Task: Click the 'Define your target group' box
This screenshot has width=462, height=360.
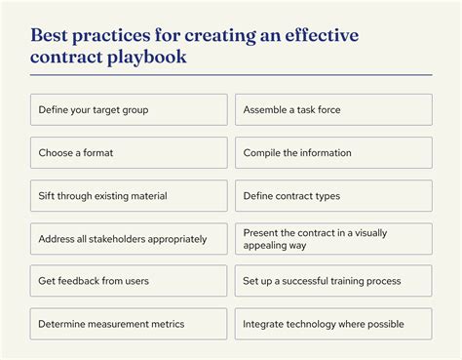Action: [x=129, y=109]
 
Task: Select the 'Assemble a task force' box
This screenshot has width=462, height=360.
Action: [x=333, y=109]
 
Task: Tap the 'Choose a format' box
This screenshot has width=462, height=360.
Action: [x=129, y=152]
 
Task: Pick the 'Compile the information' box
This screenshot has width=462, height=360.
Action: [x=333, y=152]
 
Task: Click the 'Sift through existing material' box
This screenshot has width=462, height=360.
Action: [x=129, y=195]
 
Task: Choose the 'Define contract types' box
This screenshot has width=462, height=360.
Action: [x=333, y=195]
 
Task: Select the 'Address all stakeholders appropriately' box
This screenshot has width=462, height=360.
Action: [x=129, y=238]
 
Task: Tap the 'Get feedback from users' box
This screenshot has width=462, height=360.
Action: [x=129, y=281]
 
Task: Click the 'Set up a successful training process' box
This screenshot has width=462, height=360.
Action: [x=333, y=281]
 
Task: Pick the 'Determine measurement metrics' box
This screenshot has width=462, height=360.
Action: [x=129, y=324]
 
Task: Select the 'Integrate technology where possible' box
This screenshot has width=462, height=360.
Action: [x=333, y=324]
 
